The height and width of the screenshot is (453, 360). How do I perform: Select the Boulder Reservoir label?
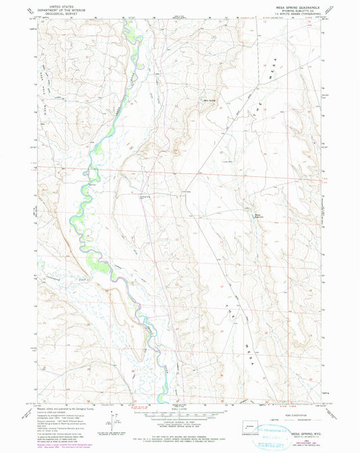pos(259,216)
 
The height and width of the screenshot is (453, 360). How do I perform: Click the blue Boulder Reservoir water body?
pos(258,212)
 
